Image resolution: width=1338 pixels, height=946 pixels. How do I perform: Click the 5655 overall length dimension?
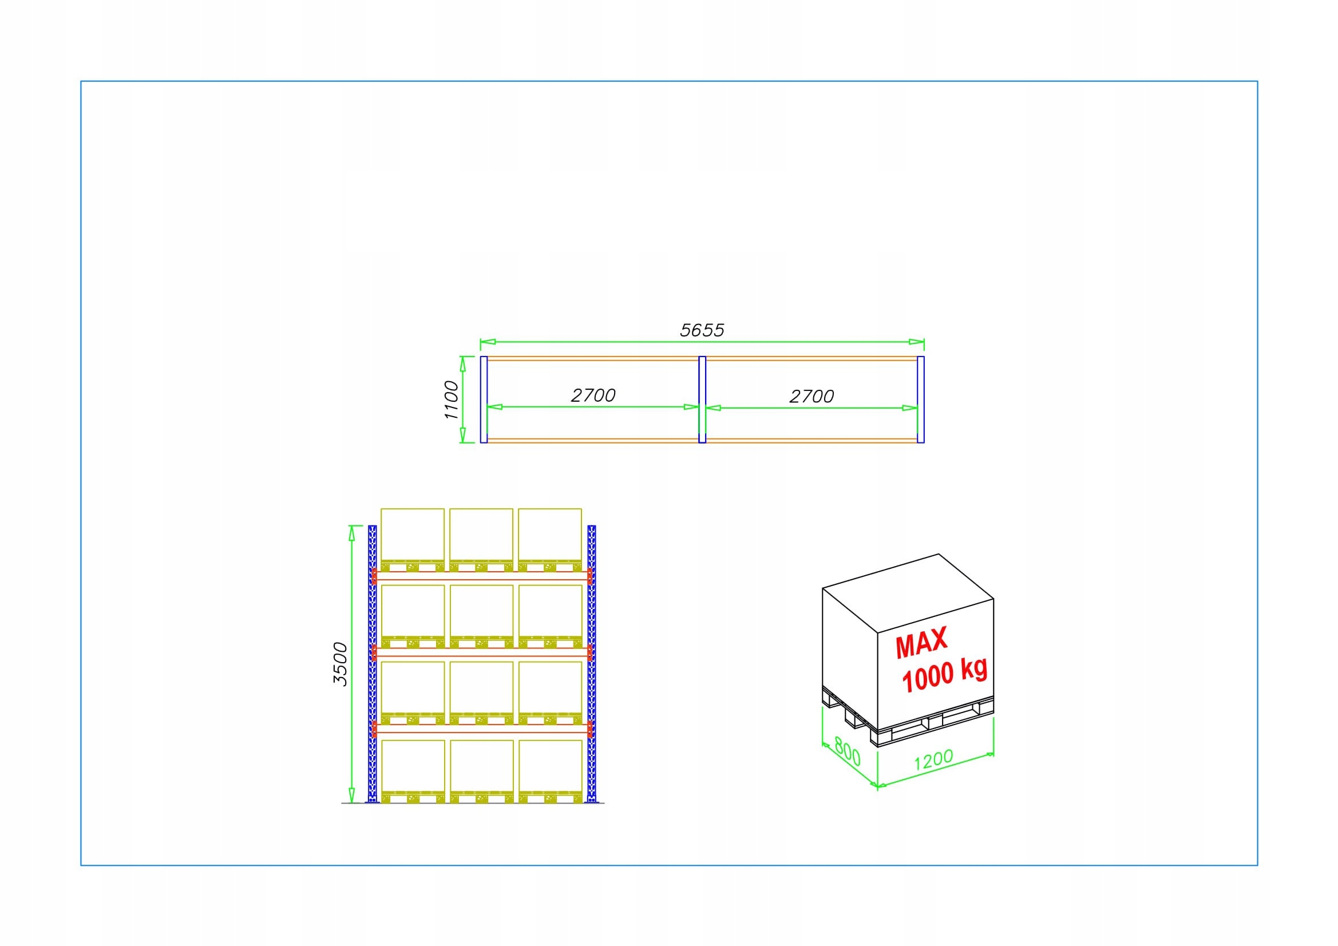(x=702, y=330)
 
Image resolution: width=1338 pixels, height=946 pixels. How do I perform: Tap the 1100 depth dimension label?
(x=452, y=400)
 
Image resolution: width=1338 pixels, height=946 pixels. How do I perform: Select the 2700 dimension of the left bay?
(x=593, y=395)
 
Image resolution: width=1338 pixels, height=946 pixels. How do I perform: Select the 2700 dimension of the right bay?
(x=811, y=397)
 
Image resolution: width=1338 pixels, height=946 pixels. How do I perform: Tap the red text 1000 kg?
(x=944, y=676)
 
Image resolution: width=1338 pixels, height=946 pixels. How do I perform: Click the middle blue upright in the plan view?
(x=702, y=399)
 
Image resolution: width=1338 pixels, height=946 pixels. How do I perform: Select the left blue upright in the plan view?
(x=484, y=399)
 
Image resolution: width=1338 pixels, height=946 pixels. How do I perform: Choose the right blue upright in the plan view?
(x=921, y=399)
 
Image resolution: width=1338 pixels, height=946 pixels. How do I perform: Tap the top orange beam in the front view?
(x=482, y=575)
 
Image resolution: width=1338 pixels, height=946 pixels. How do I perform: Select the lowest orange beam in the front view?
(x=482, y=728)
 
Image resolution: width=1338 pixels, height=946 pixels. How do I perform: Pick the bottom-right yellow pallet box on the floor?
(x=550, y=765)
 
